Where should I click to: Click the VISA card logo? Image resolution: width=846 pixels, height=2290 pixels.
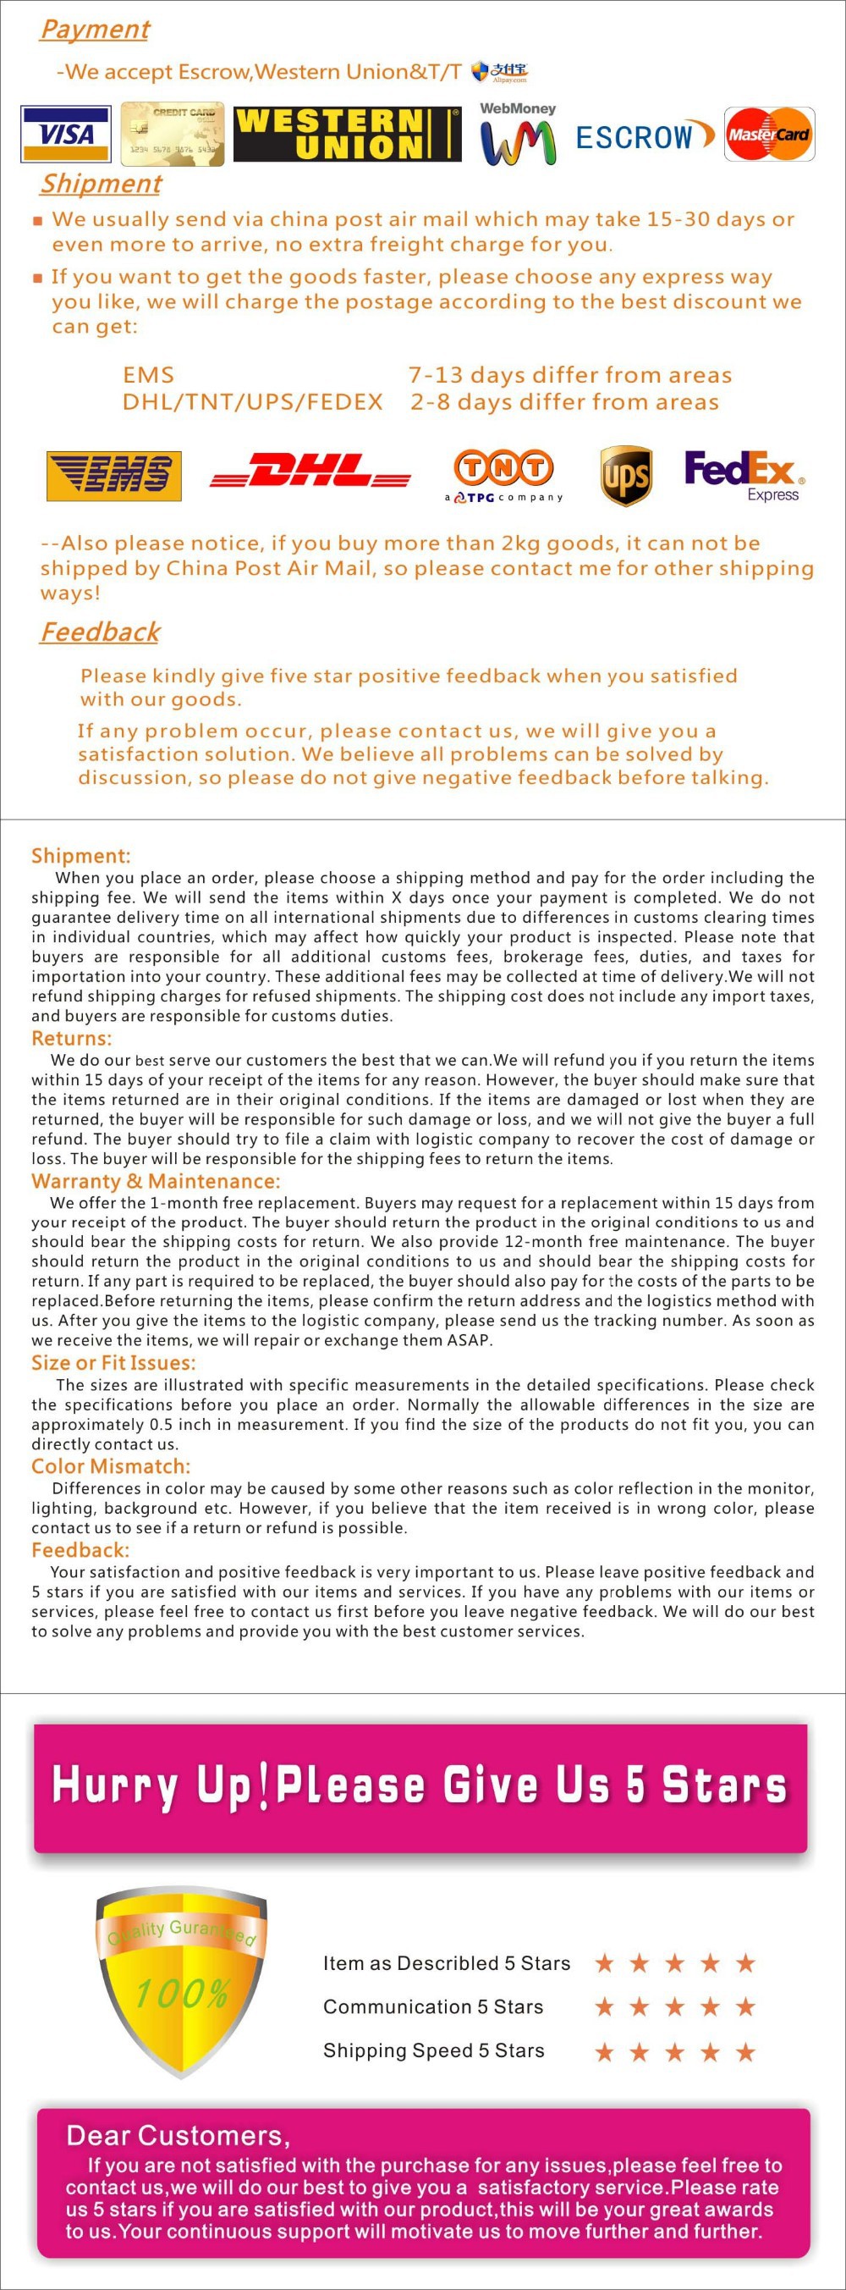tap(67, 135)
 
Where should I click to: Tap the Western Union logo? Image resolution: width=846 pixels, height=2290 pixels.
tap(347, 135)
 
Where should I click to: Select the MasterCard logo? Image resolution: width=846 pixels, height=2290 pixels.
tap(769, 135)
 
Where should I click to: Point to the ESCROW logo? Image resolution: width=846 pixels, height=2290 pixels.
tap(645, 136)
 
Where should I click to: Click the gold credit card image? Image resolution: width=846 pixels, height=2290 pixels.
tap(173, 135)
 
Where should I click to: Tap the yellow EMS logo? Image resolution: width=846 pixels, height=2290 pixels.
tap(113, 476)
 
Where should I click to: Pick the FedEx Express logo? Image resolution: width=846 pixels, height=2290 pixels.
tap(743, 475)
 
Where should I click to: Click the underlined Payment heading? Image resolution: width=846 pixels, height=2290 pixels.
tap(94, 30)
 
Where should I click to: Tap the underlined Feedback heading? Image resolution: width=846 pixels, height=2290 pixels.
tap(100, 632)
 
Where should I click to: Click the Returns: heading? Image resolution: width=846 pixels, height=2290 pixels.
tap(71, 1038)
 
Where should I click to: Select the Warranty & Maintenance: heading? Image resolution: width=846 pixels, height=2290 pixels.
tap(156, 1181)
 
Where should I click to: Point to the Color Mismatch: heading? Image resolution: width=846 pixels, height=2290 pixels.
tap(110, 1466)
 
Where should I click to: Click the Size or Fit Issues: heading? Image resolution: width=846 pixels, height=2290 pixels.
tap(113, 1363)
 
